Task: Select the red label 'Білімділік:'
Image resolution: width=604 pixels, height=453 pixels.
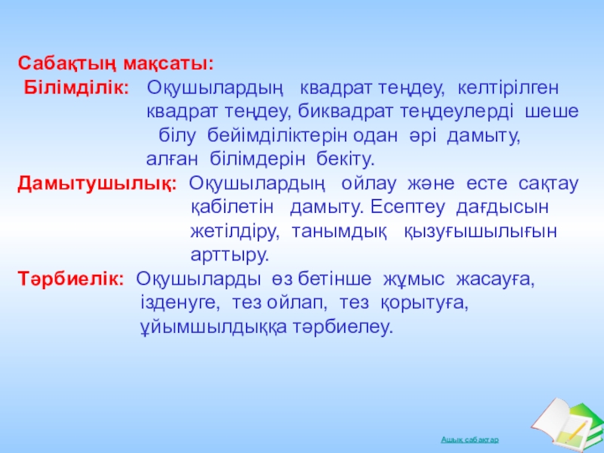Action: pos(77,88)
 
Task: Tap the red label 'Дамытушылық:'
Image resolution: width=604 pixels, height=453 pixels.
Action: pos(97,184)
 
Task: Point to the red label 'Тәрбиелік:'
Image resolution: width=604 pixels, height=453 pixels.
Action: pos(71,279)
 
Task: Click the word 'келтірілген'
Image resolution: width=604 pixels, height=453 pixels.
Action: pos(508,89)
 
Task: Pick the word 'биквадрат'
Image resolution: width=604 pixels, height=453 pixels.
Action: pos(346,112)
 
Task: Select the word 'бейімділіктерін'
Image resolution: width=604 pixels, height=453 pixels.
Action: pos(277,136)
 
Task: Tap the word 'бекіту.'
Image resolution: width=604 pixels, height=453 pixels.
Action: pos(346,159)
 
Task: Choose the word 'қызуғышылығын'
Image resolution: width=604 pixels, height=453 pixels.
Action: pos(481,233)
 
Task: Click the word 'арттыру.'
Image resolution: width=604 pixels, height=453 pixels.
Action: pos(230,256)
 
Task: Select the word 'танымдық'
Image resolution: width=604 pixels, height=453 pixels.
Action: pos(339,233)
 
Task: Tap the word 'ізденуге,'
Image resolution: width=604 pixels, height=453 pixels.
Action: pos(180,304)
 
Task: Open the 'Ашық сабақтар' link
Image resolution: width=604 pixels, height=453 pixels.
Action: pos(470,439)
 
